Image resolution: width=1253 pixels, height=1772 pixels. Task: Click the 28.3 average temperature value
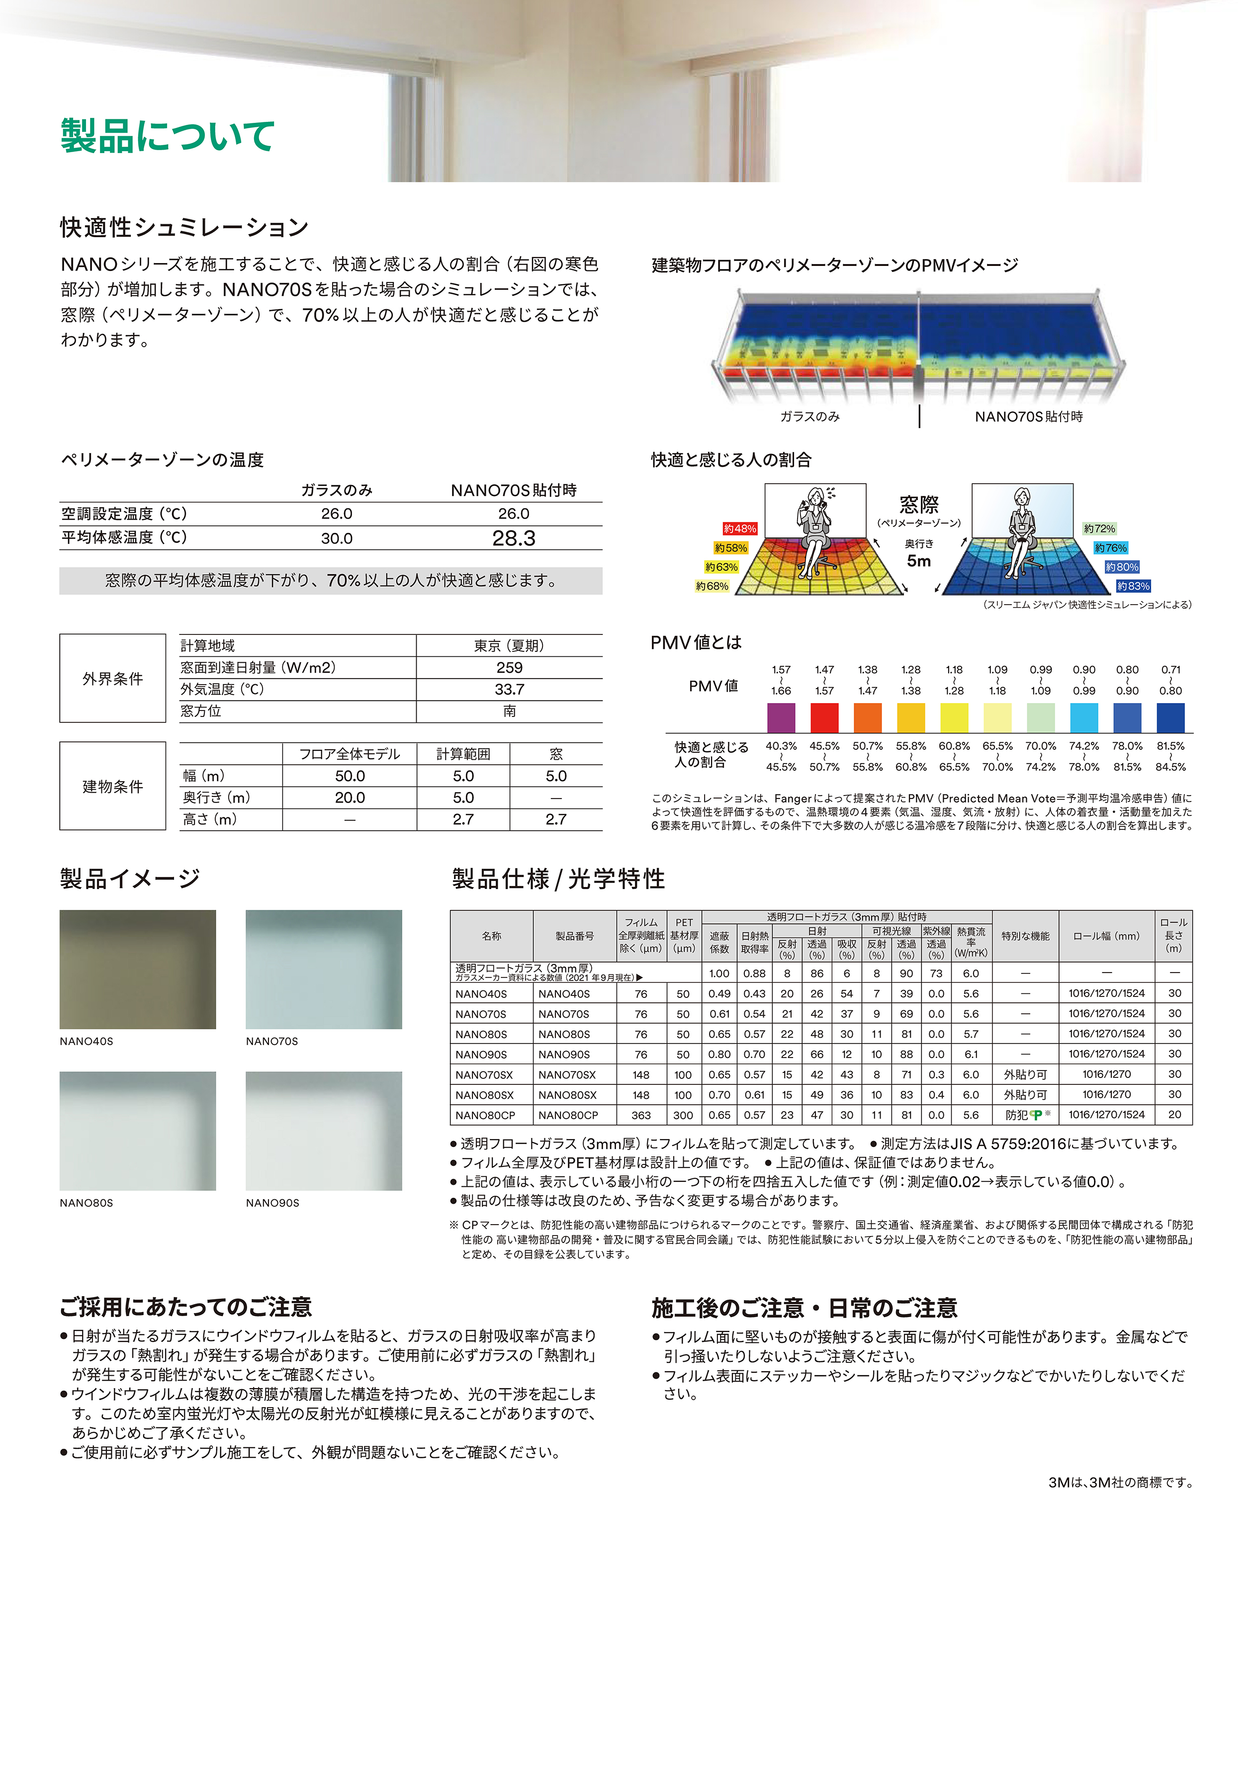point(514,538)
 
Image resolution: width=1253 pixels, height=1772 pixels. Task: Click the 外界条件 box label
point(113,678)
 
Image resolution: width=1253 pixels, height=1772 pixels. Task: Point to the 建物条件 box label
point(113,787)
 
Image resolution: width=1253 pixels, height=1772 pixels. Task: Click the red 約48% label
point(739,529)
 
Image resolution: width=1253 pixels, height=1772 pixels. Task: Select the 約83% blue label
point(1133,587)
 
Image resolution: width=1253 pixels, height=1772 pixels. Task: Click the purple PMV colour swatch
point(781,718)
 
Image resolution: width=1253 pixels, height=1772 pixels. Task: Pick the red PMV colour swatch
point(824,718)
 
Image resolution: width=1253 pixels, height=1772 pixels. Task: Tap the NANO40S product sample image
point(137,970)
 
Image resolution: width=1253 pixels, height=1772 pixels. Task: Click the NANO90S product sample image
point(324,1131)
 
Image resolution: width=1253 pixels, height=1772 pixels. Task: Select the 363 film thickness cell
point(641,1115)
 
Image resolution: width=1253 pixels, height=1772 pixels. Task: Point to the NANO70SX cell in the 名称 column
point(484,1075)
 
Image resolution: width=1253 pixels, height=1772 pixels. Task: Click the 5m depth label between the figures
point(919,561)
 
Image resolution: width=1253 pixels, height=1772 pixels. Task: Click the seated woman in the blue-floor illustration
point(1021,532)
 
